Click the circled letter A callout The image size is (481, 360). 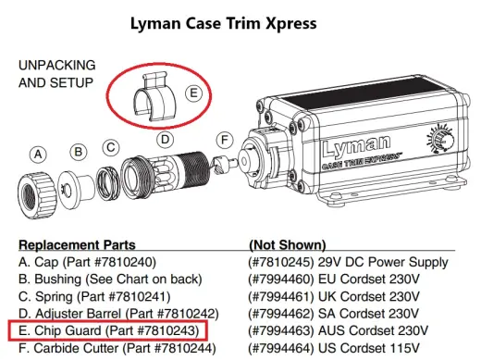pyautogui.click(x=38, y=154)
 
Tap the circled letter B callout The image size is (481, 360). pyautogui.click(x=79, y=152)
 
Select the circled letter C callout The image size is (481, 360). pyautogui.click(x=111, y=147)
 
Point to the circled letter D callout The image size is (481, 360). pyautogui.click(x=165, y=140)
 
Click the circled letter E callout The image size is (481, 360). pyautogui.click(x=193, y=93)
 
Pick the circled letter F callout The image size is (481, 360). pyautogui.click(x=224, y=140)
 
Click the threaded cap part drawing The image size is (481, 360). pyautogui.click(x=37, y=195)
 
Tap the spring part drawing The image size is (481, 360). pyautogui.click(x=107, y=182)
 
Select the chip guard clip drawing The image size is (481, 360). pyautogui.click(x=154, y=97)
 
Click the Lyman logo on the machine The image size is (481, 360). pyautogui.click(x=357, y=146)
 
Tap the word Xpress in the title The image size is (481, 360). pyautogui.click(x=290, y=23)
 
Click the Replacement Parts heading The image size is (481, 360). pyautogui.click(x=77, y=245)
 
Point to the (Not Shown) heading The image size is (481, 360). pyautogui.click(x=288, y=245)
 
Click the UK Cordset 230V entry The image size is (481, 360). pyautogui.click(x=369, y=297)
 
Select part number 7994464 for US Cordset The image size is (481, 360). pyautogui.click(x=281, y=349)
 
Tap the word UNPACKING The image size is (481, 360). pyautogui.click(x=57, y=65)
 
